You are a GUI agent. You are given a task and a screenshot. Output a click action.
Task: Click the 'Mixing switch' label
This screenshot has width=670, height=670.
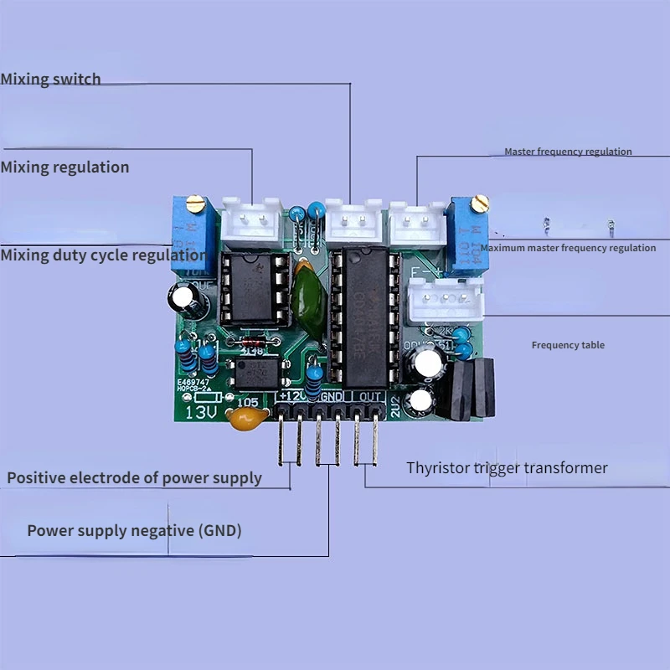50,80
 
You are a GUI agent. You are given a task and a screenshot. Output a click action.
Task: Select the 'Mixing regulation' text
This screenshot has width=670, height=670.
64,167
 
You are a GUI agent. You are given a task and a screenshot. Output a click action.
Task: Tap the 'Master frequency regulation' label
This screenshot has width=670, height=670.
568,152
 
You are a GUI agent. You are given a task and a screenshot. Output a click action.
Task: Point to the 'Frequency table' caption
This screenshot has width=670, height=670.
568,345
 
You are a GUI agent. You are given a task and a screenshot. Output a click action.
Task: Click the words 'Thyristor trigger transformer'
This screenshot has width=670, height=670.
507,468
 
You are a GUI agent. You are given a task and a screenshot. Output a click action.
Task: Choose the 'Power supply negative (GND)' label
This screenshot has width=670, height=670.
134,531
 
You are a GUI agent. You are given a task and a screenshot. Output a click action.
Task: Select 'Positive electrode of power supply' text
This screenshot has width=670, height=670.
134,478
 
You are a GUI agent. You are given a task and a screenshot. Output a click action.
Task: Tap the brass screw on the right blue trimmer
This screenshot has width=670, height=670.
479,202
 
